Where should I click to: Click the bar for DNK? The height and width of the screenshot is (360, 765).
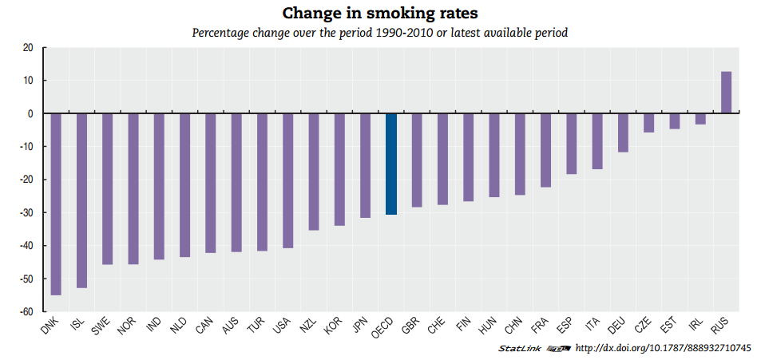point(56,204)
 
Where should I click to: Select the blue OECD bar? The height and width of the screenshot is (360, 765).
point(391,164)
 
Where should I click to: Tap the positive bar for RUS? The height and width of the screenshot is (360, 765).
point(726,93)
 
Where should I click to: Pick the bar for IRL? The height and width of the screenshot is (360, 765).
point(700,119)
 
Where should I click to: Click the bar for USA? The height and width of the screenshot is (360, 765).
point(287,180)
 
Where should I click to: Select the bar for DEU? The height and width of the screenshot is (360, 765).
point(623,133)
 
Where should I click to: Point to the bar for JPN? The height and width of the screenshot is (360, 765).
point(365,165)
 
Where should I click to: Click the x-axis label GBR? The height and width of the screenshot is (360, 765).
point(410,326)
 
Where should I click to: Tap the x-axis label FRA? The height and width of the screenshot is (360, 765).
point(540,326)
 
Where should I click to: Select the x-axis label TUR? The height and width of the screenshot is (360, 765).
point(256,326)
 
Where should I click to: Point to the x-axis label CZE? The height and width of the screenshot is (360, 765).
point(643,326)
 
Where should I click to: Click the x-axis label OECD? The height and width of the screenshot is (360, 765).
point(382,327)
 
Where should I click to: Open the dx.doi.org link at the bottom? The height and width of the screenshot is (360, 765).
point(663,348)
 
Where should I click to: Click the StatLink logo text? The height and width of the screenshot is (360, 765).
point(520,348)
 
